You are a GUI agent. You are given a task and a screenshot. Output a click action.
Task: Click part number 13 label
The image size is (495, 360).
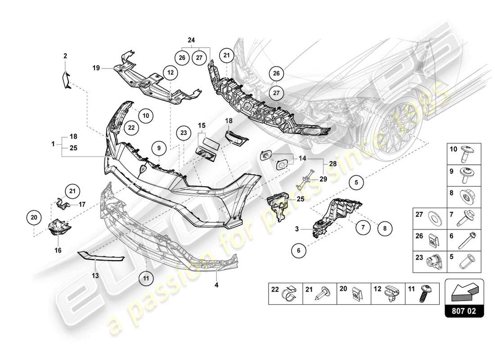point(94,274)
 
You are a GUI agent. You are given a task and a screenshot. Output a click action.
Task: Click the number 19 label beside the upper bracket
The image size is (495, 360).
point(96,68)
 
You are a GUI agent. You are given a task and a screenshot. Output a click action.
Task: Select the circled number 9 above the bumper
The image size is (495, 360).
point(159,147)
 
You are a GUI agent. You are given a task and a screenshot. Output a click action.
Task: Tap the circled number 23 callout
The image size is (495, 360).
point(183,133)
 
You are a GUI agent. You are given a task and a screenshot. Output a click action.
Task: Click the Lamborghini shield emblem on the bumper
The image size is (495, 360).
point(143,170)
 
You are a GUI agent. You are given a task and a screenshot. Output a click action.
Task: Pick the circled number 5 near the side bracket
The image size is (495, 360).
point(356,183)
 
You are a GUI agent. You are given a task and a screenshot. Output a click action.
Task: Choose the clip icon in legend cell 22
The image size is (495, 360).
point(289,295)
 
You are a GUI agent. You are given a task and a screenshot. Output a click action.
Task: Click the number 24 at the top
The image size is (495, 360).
point(191,40)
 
